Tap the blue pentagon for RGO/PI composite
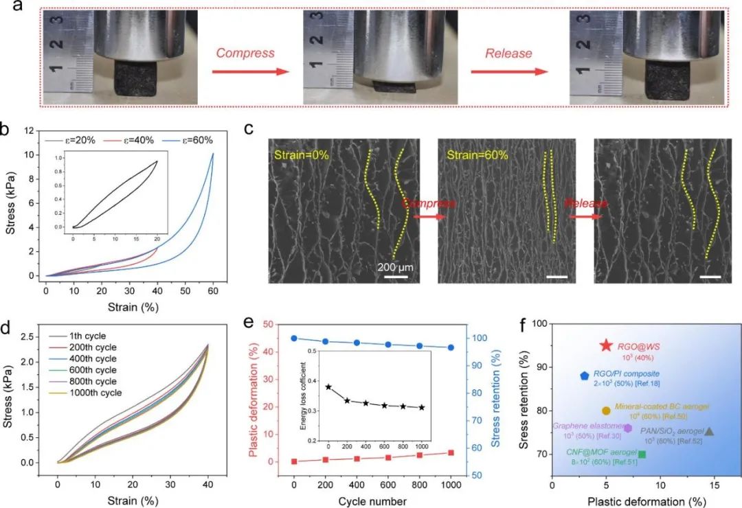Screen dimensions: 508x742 tap(584, 376)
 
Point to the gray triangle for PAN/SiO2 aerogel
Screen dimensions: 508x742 tap(709, 431)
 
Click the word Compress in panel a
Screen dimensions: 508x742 tap(245, 53)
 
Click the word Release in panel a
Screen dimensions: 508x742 tap(509, 53)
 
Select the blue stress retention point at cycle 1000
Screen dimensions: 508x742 tap(451, 347)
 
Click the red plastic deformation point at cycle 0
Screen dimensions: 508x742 tap(294, 461)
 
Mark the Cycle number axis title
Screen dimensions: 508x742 tap(372, 501)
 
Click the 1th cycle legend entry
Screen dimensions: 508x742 tap(86, 336)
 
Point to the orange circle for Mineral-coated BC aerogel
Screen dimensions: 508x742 tap(606, 411)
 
